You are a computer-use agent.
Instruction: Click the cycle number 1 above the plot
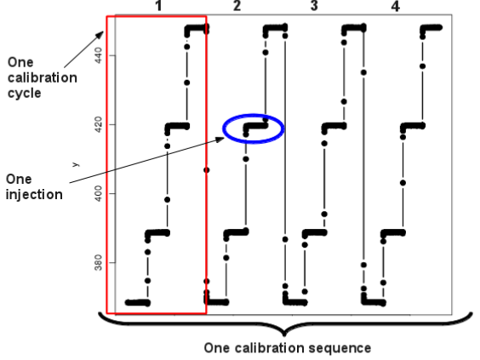click(158, 6)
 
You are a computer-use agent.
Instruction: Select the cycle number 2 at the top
click(237, 6)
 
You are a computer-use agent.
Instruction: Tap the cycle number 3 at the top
click(314, 6)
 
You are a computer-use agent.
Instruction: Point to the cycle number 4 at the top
click(396, 6)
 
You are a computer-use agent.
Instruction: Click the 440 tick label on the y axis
click(98, 55)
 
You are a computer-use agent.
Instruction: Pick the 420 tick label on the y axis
click(98, 124)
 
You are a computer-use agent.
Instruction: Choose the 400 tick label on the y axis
click(98, 193)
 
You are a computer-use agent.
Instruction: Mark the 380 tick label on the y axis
click(98, 263)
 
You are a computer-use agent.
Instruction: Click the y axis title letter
click(76, 164)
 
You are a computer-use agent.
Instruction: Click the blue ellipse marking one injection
click(254, 114)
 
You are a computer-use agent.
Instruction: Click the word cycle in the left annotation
click(25, 94)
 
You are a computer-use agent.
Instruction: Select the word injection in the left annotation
click(34, 195)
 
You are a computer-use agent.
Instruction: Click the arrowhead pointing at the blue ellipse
click(220, 140)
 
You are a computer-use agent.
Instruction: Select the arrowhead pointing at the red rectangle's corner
click(100, 35)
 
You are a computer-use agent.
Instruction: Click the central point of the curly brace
click(284, 334)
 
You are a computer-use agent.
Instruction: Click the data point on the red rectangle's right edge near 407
click(207, 170)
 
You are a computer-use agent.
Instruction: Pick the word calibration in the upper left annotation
click(43, 77)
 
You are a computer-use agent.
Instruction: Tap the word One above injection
click(19, 180)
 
